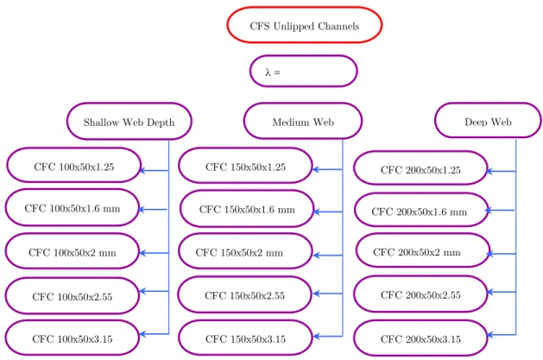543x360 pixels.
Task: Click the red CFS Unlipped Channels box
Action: pyautogui.click(x=305, y=25)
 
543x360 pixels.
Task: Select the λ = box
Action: pyautogui.click(x=303, y=71)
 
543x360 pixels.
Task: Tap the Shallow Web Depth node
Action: pyautogui.click(x=129, y=121)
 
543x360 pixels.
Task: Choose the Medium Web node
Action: pyautogui.click(x=303, y=121)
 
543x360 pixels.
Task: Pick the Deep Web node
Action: pyautogui.click(x=488, y=121)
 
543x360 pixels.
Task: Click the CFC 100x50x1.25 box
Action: pyautogui.click(x=73, y=166)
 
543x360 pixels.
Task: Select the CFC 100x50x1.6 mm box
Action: pyautogui.click(x=72, y=207)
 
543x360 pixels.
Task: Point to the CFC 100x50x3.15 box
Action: pyautogui.click(x=72, y=338)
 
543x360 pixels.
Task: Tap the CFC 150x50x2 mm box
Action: pyautogui.click(x=245, y=251)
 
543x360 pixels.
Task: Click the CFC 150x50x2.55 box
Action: pyautogui.click(x=245, y=294)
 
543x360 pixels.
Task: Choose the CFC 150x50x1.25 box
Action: pyautogui.click(x=245, y=166)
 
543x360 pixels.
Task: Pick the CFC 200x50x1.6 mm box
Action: pyautogui.click(x=421, y=210)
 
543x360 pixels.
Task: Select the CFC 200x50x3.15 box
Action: pyautogui.click(x=420, y=338)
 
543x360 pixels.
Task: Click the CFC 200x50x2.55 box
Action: pyautogui.click(x=420, y=294)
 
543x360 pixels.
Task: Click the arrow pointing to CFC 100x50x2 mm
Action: pyautogui.click(x=155, y=253)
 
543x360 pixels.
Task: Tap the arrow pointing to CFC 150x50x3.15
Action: pyautogui.click(x=327, y=336)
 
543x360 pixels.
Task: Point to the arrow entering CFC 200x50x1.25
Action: pyautogui.click(x=501, y=171)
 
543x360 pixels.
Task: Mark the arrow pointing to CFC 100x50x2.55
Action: pyautogui.click(x=155, y=291)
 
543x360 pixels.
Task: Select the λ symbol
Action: pyautogui.click(x=268, y=72)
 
